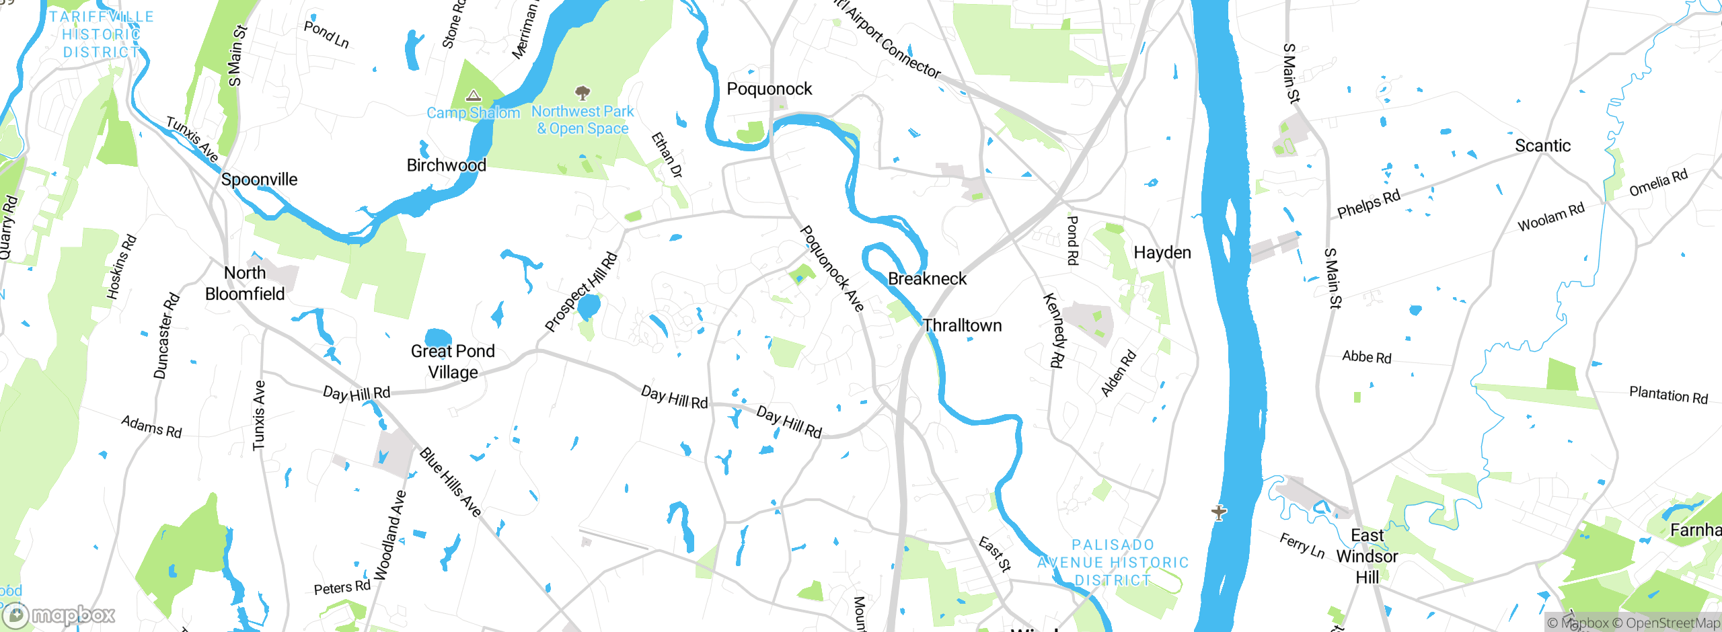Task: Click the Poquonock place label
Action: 770,89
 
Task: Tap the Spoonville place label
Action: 259,180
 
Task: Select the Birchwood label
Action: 446,165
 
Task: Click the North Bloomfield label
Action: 245,283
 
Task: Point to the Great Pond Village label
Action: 453,362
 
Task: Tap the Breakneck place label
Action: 927,279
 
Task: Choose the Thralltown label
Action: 962,325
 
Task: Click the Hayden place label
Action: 1162,253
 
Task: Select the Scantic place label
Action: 1542,146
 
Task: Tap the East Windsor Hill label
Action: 1367,556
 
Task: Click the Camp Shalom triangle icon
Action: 474,95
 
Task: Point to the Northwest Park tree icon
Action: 583,92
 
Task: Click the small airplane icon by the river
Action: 1219,513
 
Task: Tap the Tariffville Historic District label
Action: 101,34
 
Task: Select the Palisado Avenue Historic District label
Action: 1113,563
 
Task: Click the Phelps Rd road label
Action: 1368,204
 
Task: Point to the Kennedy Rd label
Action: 1053,330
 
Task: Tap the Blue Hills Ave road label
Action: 451,482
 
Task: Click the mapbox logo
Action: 59,615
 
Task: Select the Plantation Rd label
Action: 1668,395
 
